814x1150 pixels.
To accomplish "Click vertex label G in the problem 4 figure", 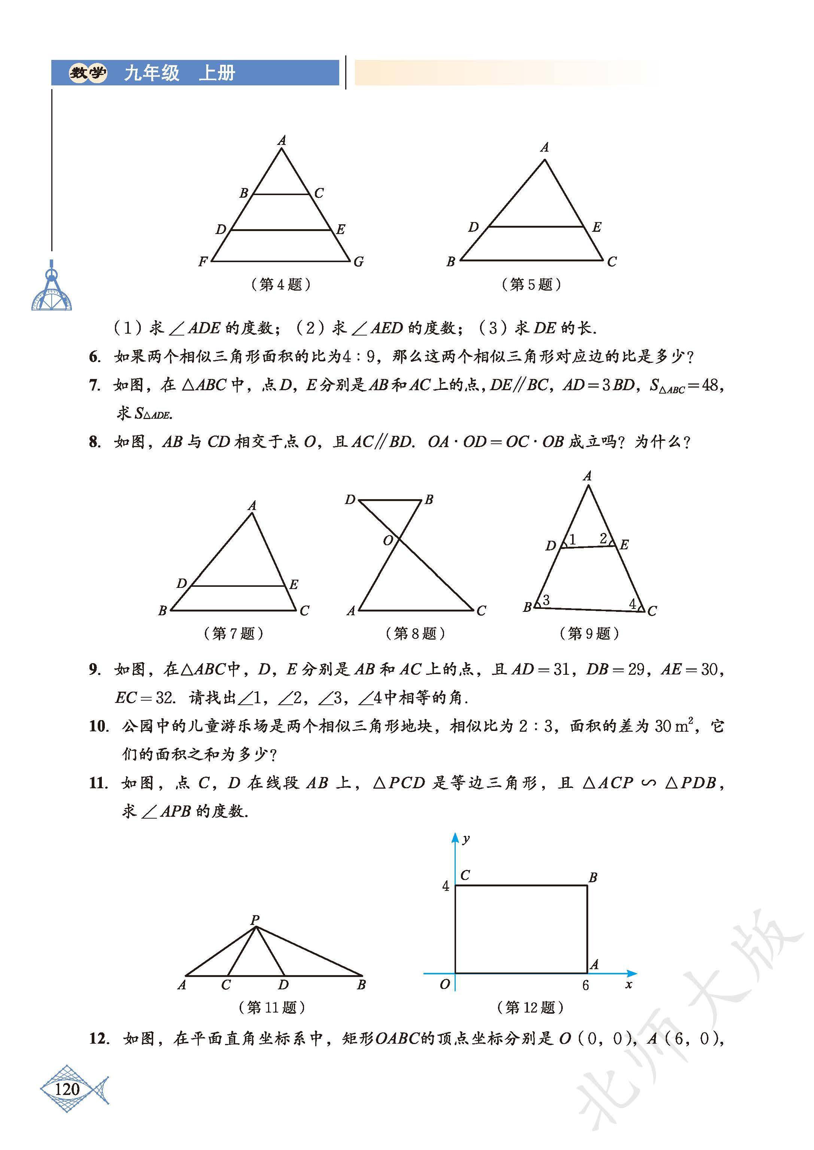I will (358, 262).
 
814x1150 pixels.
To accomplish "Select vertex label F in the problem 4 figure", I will (203, 262).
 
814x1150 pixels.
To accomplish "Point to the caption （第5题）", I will (531, 285).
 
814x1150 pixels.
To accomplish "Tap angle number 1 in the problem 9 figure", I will (572, 539).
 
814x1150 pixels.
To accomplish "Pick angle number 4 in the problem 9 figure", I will (632, 604).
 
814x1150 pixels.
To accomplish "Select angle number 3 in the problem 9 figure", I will (546, 600).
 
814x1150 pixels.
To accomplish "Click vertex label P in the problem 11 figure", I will (255, 920).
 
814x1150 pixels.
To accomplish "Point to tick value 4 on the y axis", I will (446, 886).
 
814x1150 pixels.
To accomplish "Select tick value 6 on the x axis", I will (586, 986).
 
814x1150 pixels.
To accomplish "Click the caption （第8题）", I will (415, 634).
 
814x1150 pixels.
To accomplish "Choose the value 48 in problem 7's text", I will (710, 385).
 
